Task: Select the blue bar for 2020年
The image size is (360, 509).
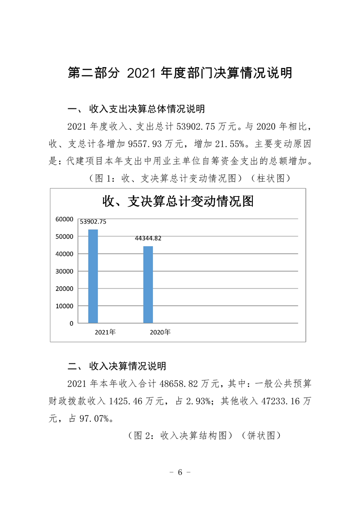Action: click(x=148, y=284)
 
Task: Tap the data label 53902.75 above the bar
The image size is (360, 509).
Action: click(x=93, y=222)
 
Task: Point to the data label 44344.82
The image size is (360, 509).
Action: click(x=148, y=238)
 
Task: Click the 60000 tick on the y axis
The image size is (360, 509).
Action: click(x=64, y=220)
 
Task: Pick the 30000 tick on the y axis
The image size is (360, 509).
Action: click(x=64, y=271)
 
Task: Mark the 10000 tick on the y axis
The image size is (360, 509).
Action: click(x=64, y=306)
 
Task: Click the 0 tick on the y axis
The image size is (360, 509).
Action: click(x=71, y=323)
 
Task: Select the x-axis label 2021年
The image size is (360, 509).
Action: click(x=105, y=333)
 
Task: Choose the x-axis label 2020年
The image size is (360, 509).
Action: click(x=160, y=333)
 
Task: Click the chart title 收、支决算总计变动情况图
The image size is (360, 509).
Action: click(x=178, y=201)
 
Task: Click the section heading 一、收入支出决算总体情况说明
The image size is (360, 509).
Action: click(x=136, y=109)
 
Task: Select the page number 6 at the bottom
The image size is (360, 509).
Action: click(x=180, y=472)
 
